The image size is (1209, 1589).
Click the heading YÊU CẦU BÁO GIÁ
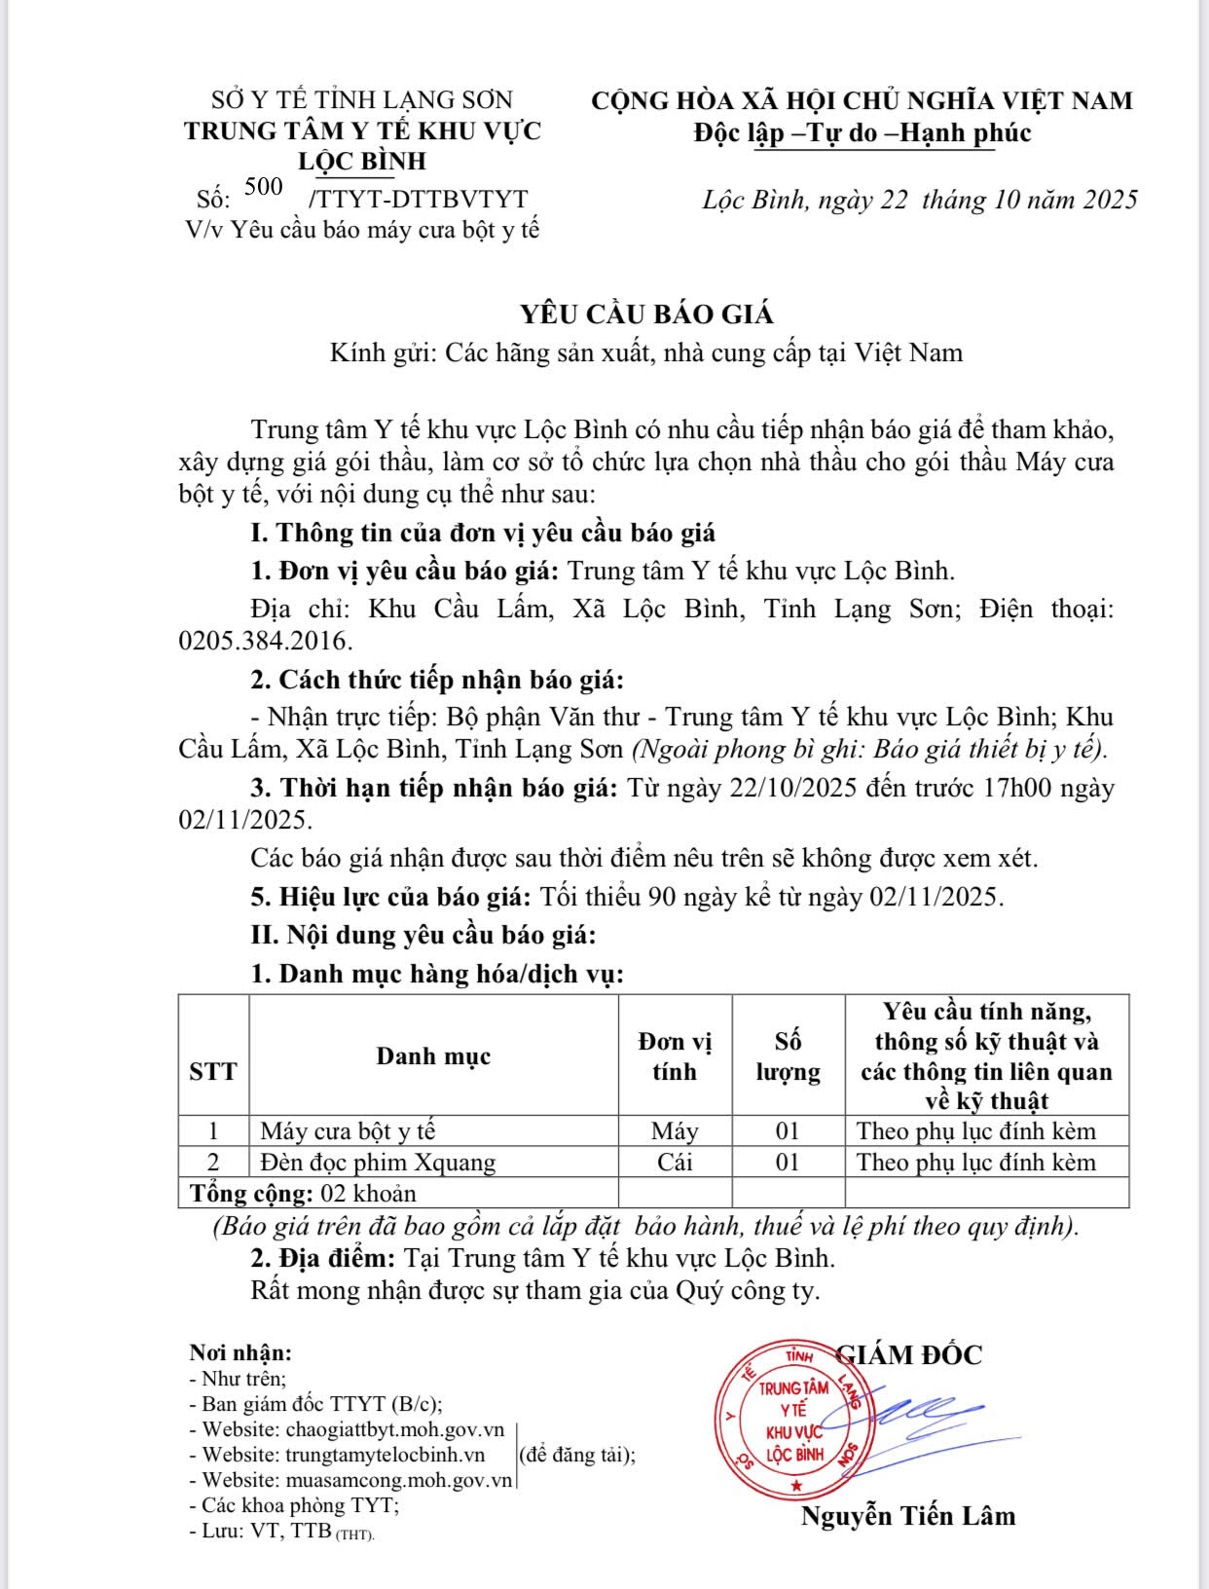[x=646, y=314]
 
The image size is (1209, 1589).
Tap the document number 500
[x=264, y=187]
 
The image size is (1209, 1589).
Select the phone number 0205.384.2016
[x=265, y=641]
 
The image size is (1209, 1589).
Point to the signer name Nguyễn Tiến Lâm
[x=907, y=1515]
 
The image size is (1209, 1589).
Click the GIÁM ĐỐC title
[x=910, y=1354]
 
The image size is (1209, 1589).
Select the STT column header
[x=213, y=1071]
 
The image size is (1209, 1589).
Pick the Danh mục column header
[x=433, y=1056]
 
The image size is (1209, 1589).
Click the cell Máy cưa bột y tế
[x=348, y=1130]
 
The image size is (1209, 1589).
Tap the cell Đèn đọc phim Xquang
[x=378, y=1162]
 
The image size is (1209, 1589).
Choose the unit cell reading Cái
[x=674, y=1162]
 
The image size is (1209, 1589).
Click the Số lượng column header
[x=788, y=1056]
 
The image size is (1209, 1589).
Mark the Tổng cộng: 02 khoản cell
[x=303, y=1193]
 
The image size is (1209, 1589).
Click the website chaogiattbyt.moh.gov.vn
[x=394, y=1429]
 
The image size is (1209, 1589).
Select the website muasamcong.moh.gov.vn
[x=398, y=1480]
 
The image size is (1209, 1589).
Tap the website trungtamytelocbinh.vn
[x=385, y=1455]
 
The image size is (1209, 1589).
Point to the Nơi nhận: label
[x=239, y=1352]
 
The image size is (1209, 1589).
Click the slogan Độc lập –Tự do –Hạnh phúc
[x=862, y=132]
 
